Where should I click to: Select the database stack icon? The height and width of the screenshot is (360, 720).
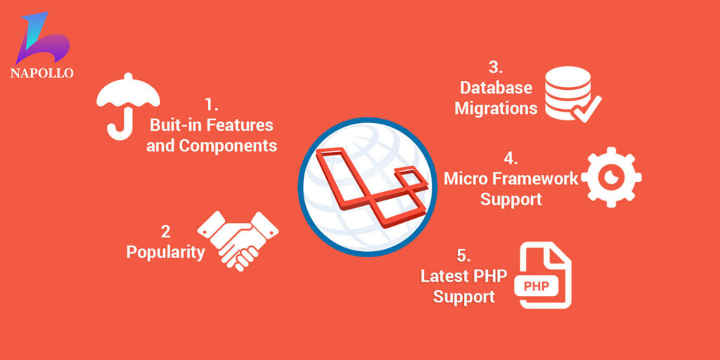click(x=565, y=91)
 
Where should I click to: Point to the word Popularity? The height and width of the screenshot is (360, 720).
click(x=165, y=252)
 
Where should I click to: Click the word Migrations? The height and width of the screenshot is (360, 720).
click(x=496, y=108)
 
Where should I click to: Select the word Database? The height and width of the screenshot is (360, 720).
click(x=496, y=88)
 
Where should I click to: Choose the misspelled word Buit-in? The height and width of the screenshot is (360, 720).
click(x=174, y=125)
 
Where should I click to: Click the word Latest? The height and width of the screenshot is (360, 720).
click(x=445, y=275)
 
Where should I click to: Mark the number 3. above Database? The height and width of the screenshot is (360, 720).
click(x=496, y=67)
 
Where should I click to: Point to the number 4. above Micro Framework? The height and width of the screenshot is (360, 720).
click(x=511, y=157)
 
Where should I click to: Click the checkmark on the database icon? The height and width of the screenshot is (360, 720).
click(x=587, y=107)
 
